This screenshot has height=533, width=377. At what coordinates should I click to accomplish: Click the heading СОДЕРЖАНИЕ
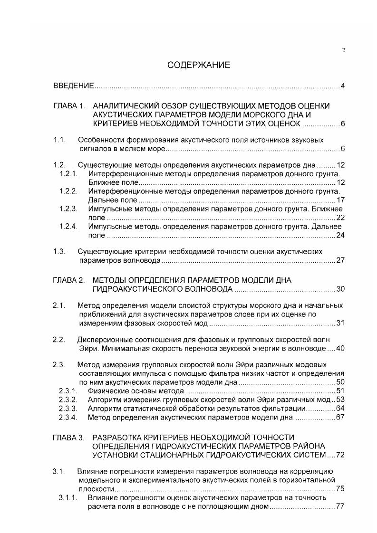pyautogui.click(x=199, y=65)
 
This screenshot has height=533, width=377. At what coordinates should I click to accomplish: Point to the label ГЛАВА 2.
pyautogui.click(x=68, y=280)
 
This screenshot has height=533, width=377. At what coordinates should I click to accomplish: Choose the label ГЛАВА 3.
pyautogui.click(x=68, y=437)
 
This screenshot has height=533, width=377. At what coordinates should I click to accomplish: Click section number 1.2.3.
pyautogui.click(x=68, y=209)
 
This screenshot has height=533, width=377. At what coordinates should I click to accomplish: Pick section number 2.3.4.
pyautogui.click(x=68, y=418)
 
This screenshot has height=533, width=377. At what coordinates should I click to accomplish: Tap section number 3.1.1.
pyautogui.click(x=68, y=498)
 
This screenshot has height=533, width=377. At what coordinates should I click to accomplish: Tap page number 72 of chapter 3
pyautogui.click(x=340, y=456)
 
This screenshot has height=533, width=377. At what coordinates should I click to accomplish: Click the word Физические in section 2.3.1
pyautogui.click(x=105, y=390)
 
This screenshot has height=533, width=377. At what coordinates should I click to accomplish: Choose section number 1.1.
pyautogui.click(x=58, y=140)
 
